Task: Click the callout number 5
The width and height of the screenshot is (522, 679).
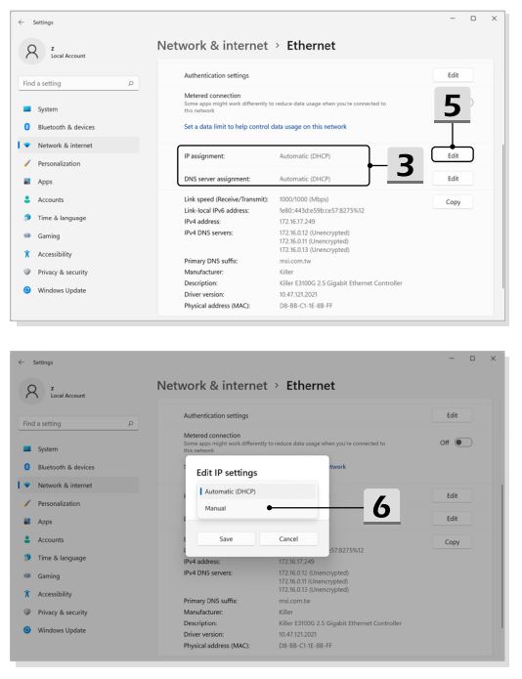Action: click(453, 106)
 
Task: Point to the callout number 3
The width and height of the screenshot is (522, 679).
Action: click(405, 165)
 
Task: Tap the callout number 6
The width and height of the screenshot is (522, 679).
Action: click(381, 506)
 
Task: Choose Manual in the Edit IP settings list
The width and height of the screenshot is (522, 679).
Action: click(215, 508)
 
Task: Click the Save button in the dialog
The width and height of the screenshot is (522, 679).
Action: click(226, 538)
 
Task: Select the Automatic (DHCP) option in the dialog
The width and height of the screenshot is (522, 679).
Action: click(230, 491)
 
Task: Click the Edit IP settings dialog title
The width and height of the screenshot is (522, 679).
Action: click(227, 473)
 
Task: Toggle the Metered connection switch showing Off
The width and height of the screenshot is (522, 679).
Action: click(462, 443)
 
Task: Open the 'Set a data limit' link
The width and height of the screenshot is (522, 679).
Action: click(265, 126)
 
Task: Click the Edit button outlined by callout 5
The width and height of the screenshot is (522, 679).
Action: click(453, 155)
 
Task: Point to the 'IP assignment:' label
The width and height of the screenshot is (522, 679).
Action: click(204, 156)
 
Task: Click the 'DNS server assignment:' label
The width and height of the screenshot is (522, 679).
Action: click(217, 179)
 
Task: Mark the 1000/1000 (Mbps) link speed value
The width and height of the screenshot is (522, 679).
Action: click(304, 199)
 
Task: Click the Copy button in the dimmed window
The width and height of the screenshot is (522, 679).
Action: click(452, 541)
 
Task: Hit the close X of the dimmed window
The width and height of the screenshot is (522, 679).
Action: click(493, 359)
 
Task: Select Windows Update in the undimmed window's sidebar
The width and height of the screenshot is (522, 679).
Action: click(62, 290)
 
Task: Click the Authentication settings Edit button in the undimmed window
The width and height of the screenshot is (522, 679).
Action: click(453, 75)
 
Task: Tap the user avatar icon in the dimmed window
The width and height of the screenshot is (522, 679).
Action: click(31, 391)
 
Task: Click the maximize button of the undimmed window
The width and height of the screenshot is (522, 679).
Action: click(473, 19)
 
